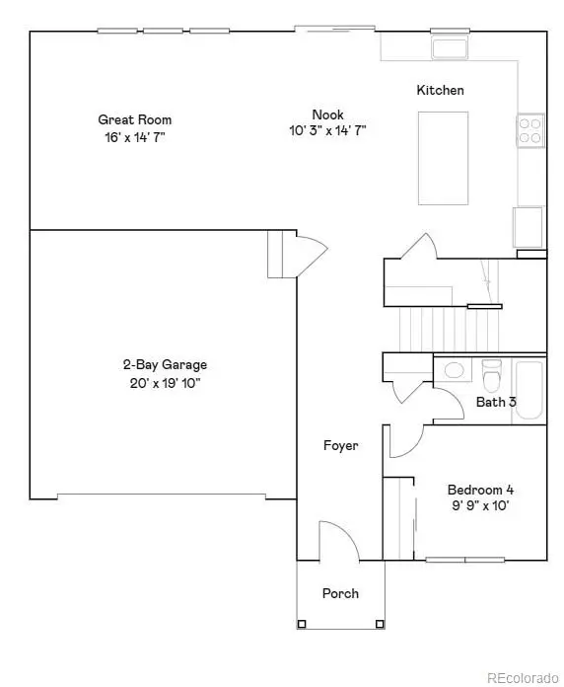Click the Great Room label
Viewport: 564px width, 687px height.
(127, 120)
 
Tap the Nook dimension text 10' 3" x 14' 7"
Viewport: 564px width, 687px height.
(327, 130)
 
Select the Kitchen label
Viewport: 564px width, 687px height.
(440, 91)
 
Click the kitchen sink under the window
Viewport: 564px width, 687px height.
(450, 47)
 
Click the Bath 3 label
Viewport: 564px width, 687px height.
(496, 402)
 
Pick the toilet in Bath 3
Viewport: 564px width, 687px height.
(491, 374)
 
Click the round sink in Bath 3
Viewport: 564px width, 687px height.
(455, 371)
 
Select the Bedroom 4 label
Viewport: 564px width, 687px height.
(480, 490)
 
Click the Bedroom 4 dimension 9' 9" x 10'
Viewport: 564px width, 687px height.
(480, 505)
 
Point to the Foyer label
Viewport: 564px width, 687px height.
(341, 445)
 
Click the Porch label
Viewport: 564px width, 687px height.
(340, 593)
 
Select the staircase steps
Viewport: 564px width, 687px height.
(435, 327)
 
